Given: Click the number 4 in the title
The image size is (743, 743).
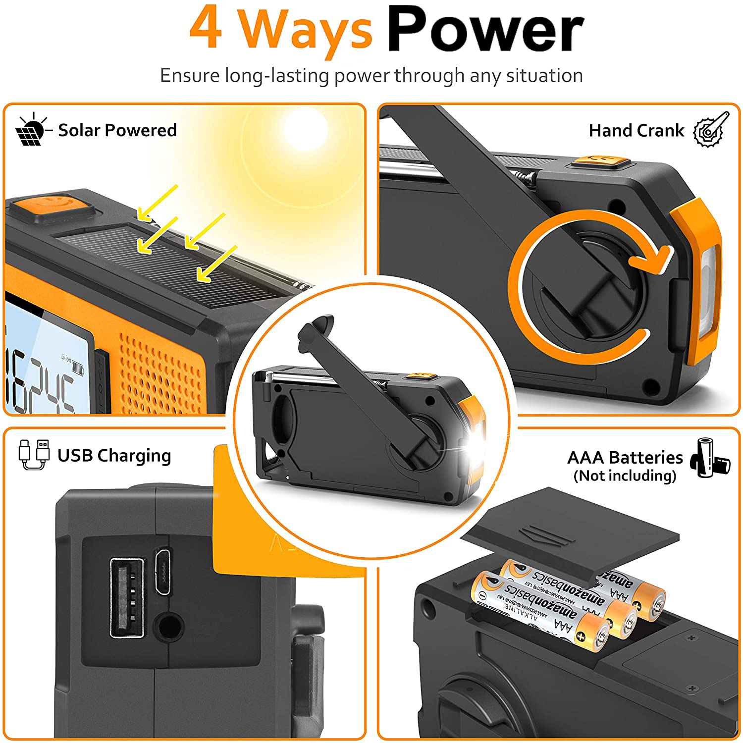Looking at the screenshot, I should click(206, 29).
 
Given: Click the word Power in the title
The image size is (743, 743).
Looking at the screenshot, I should click(485, 30).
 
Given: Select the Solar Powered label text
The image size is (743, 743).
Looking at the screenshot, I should click(117, 130).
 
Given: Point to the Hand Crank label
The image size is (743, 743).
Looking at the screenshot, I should click(636, 131).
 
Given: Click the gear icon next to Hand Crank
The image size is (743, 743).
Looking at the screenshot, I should click(711, 129).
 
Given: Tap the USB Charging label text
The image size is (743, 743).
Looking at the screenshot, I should click(114, 456).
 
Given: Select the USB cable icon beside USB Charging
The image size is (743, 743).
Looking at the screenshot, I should click(34, 454).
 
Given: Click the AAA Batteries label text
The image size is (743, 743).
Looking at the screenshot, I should click(625, 458).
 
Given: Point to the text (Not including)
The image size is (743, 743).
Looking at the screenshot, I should click(625, 476).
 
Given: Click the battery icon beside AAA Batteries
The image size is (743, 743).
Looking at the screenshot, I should click(712, 458).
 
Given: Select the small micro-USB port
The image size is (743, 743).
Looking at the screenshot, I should click(163, 571).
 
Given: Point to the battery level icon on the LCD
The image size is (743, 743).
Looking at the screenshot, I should click(78, 367).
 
